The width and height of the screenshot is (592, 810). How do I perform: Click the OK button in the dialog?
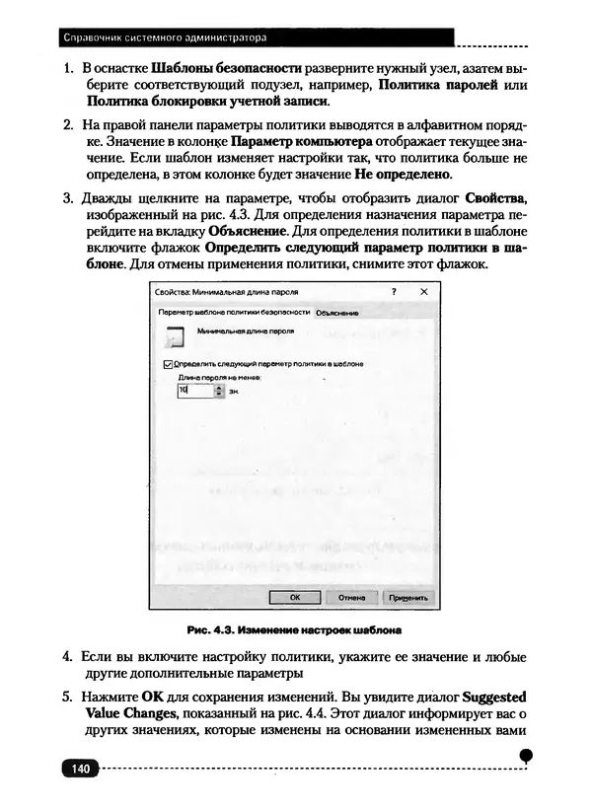[294, 597]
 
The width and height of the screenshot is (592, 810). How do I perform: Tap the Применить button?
[407, 597]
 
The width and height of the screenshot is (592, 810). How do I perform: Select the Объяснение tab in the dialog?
[336, 313]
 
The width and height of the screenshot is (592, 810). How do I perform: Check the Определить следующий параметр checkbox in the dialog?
[166, 363]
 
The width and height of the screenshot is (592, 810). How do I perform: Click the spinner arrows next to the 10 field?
[219, 391]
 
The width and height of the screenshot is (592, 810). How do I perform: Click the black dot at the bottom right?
[526, 754]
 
